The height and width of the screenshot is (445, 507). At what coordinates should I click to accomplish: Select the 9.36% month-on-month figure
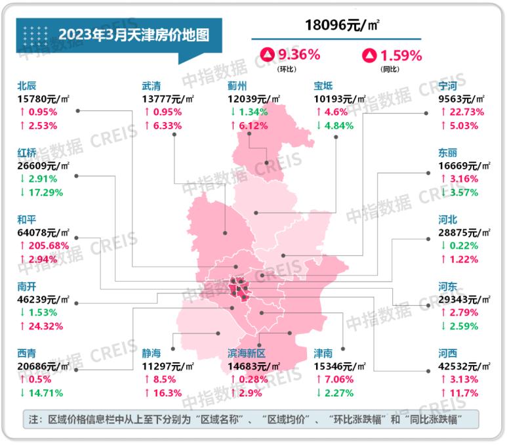pyautogui.click(x=299, y=55)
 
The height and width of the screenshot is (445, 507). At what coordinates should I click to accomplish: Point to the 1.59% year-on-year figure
pyautogui.click(x=400, y=55)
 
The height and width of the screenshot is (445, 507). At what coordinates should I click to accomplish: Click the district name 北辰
pyautogui.click(x=27, y=85)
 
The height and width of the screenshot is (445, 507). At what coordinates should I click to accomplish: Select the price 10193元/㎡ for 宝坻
pyautogui.click(x=340, y=99)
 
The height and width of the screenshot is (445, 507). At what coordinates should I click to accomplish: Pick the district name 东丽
pyautogui.click(x=449, y=152)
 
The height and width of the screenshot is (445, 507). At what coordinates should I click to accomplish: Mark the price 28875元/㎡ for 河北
pyautogui.click(x=465, y=232)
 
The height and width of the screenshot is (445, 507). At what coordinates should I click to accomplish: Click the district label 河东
pyautogui.click(x=449, y=286)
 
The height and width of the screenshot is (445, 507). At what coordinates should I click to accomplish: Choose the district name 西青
pyautogui.click(x=27, y=353)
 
